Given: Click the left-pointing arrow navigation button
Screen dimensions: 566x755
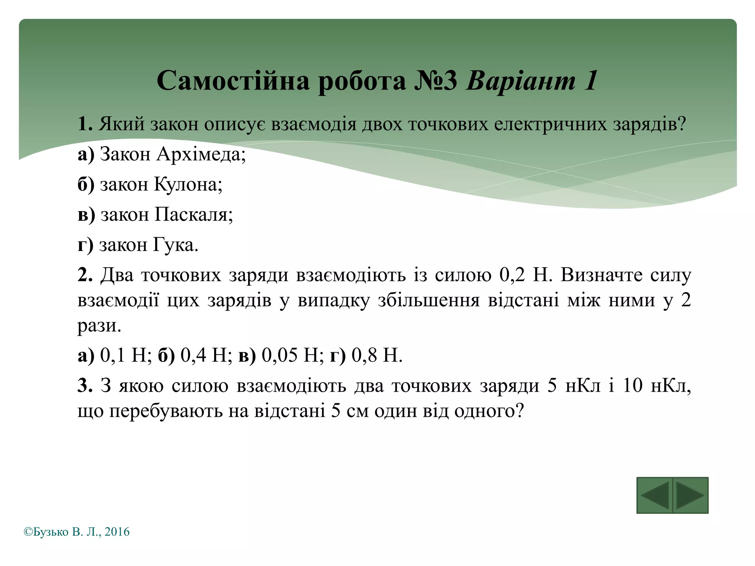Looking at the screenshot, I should [654, 495].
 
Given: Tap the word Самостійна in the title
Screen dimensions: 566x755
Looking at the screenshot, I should [233, 81].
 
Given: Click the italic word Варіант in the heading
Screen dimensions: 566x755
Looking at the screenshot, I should [521, 81].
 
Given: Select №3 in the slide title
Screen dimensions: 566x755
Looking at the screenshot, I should [435, 81].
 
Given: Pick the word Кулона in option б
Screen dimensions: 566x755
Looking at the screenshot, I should [188, 184].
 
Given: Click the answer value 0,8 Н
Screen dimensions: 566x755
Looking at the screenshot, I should [376, 356].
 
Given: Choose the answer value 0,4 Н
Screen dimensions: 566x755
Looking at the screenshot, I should [206, 356].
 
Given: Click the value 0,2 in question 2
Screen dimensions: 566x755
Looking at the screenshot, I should [512, 275].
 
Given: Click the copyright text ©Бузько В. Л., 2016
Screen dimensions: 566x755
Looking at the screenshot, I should [77, 532].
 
